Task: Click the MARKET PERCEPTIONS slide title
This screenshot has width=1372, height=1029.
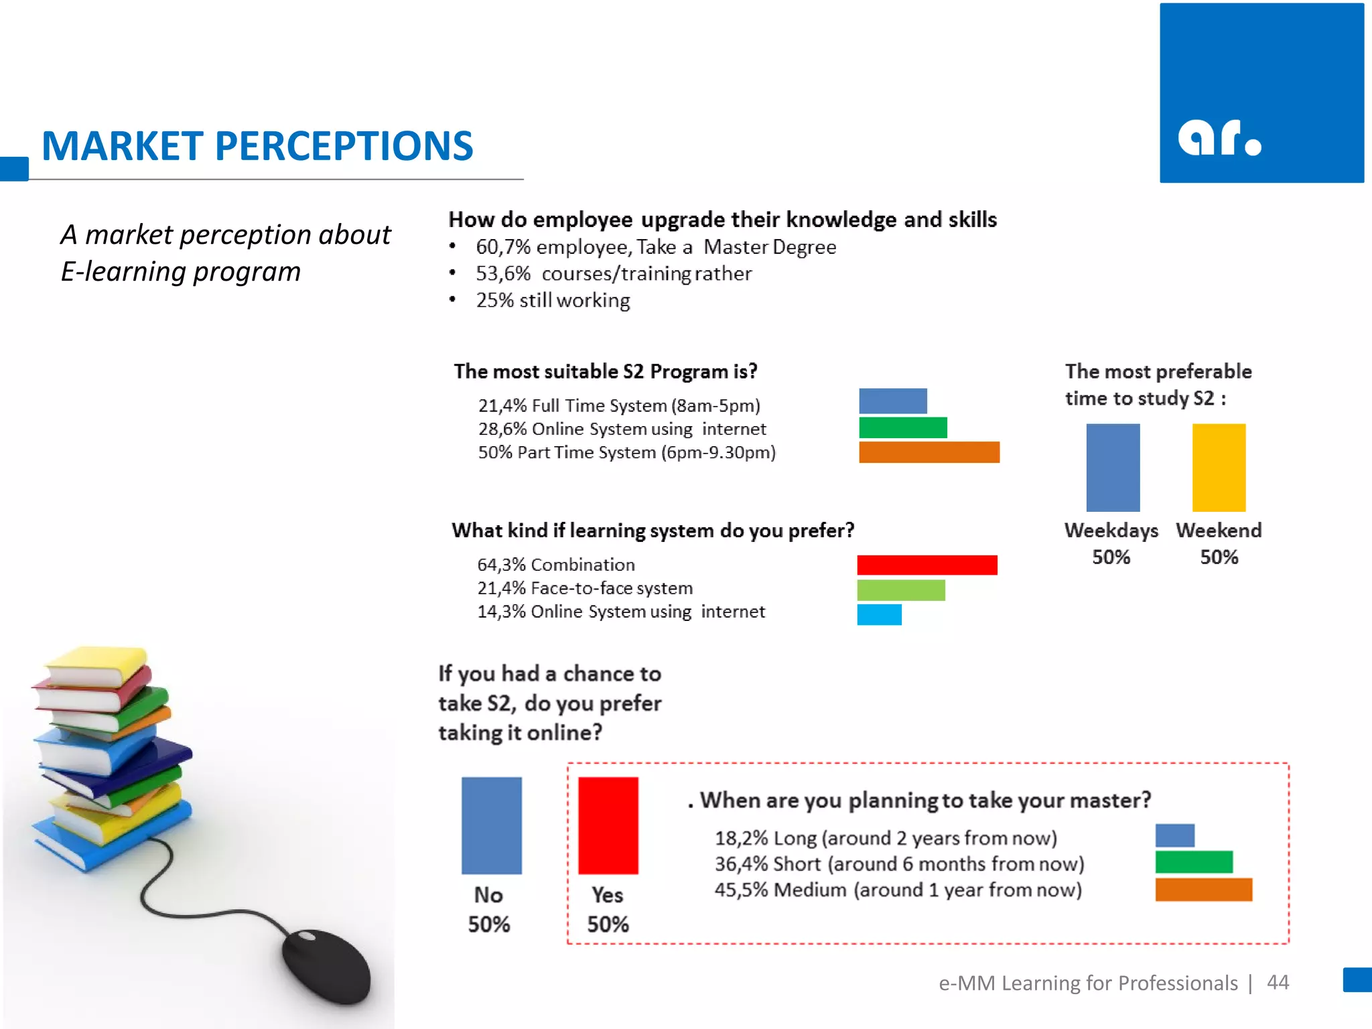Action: tap(257, 146)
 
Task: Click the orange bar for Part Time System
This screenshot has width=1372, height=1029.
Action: tap(929, 452)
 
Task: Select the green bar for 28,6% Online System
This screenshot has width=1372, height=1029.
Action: tap(902, 427)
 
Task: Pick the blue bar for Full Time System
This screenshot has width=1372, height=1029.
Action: tap(893, 401)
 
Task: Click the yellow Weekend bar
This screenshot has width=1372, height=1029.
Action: tap(1219, 468)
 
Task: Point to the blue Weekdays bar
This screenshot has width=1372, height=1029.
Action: tap(1113, 468)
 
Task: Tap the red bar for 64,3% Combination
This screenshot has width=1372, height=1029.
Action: tap(927, 565)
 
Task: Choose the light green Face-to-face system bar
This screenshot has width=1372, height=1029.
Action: tap(900, 590)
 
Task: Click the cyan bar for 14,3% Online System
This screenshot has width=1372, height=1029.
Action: tap(879, 614)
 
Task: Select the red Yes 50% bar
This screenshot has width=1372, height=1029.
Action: tap(608, 825)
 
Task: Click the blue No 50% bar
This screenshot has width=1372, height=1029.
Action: tap(491, 825)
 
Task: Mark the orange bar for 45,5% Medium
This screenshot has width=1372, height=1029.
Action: tap(1203, 890)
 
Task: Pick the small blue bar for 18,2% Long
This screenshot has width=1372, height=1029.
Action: tap(1174, 836)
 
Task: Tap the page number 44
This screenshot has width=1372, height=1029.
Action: tap(1278, 982)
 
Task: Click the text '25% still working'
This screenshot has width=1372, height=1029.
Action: tap(553, 300)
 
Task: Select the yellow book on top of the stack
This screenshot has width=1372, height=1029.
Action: tap(97, 665)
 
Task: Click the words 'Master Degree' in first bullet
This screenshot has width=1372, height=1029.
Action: tap(769, 247)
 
